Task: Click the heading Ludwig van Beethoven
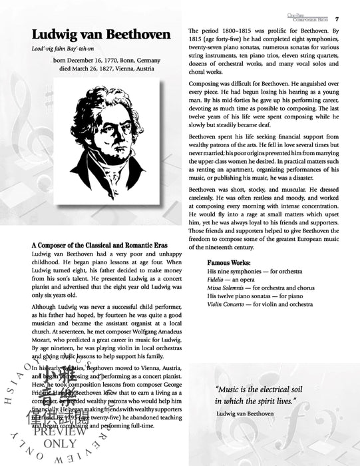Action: pyautogui.click(x=100, y=35)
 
